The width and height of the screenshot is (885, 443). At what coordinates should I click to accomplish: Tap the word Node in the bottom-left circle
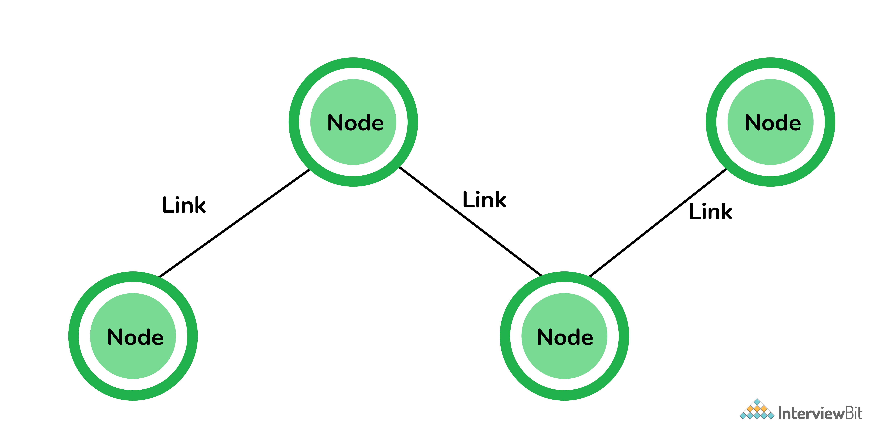tap(135, 337)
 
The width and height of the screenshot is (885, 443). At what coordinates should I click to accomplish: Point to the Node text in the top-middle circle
tap(355, 123)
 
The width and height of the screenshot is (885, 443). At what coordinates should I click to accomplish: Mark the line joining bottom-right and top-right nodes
tap(658, 222)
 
